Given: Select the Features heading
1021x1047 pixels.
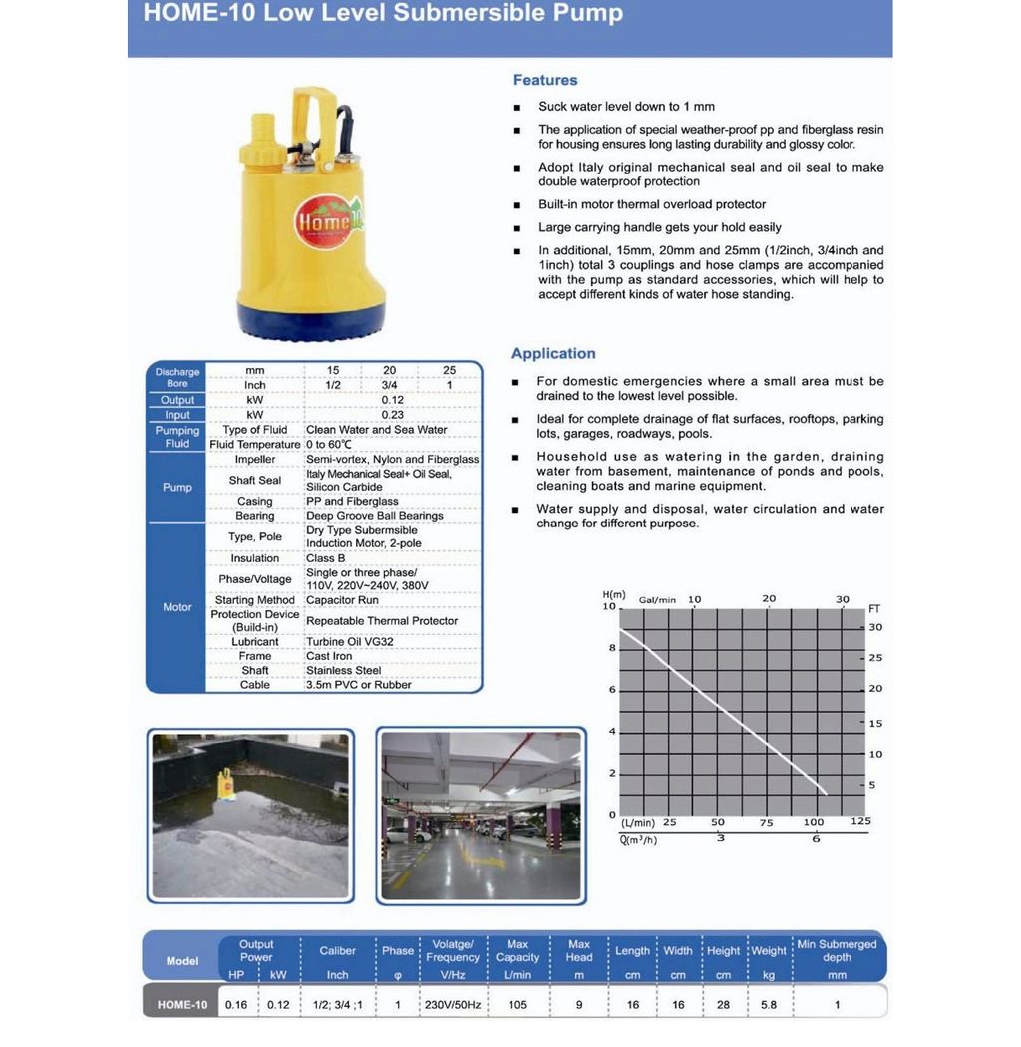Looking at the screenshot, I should (545, 80).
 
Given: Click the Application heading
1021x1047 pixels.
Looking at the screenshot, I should (553, 353).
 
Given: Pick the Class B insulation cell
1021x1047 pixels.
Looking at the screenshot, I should (326, 558).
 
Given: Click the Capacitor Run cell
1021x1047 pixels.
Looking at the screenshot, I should (342, 600).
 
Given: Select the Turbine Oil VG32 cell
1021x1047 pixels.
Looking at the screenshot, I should (349, 642).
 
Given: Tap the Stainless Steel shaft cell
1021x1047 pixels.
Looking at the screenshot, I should (344, 671).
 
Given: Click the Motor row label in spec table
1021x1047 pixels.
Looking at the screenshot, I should (176, 607).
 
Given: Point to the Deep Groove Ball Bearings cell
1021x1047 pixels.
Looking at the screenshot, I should (375, 516).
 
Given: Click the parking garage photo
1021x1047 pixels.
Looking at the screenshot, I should (481, 816).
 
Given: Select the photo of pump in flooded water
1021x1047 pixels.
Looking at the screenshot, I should (250, 816).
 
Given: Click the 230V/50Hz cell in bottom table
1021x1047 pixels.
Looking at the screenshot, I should (453, 1005).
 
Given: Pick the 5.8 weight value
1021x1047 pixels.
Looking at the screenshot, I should (769, 1005).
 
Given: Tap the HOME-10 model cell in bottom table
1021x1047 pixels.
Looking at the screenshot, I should (182, 1005).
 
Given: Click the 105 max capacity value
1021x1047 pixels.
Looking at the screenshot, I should (518, 1005).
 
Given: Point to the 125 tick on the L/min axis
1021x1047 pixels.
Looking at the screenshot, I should (860, 822).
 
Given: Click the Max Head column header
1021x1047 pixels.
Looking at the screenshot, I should (579, 950).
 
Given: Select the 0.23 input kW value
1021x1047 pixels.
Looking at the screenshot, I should (392, 415).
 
